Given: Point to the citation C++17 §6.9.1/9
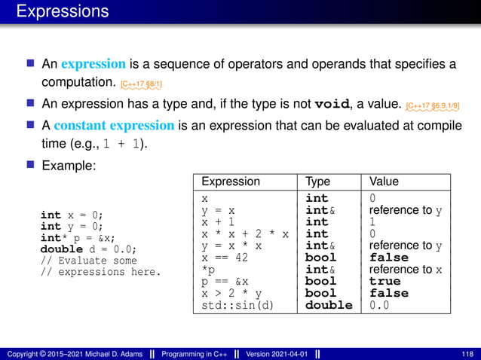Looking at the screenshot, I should (432, 105).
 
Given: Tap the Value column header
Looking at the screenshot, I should (384, 182).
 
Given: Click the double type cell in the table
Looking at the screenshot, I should (329, 305).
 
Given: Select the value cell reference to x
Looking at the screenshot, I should (406, 270).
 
